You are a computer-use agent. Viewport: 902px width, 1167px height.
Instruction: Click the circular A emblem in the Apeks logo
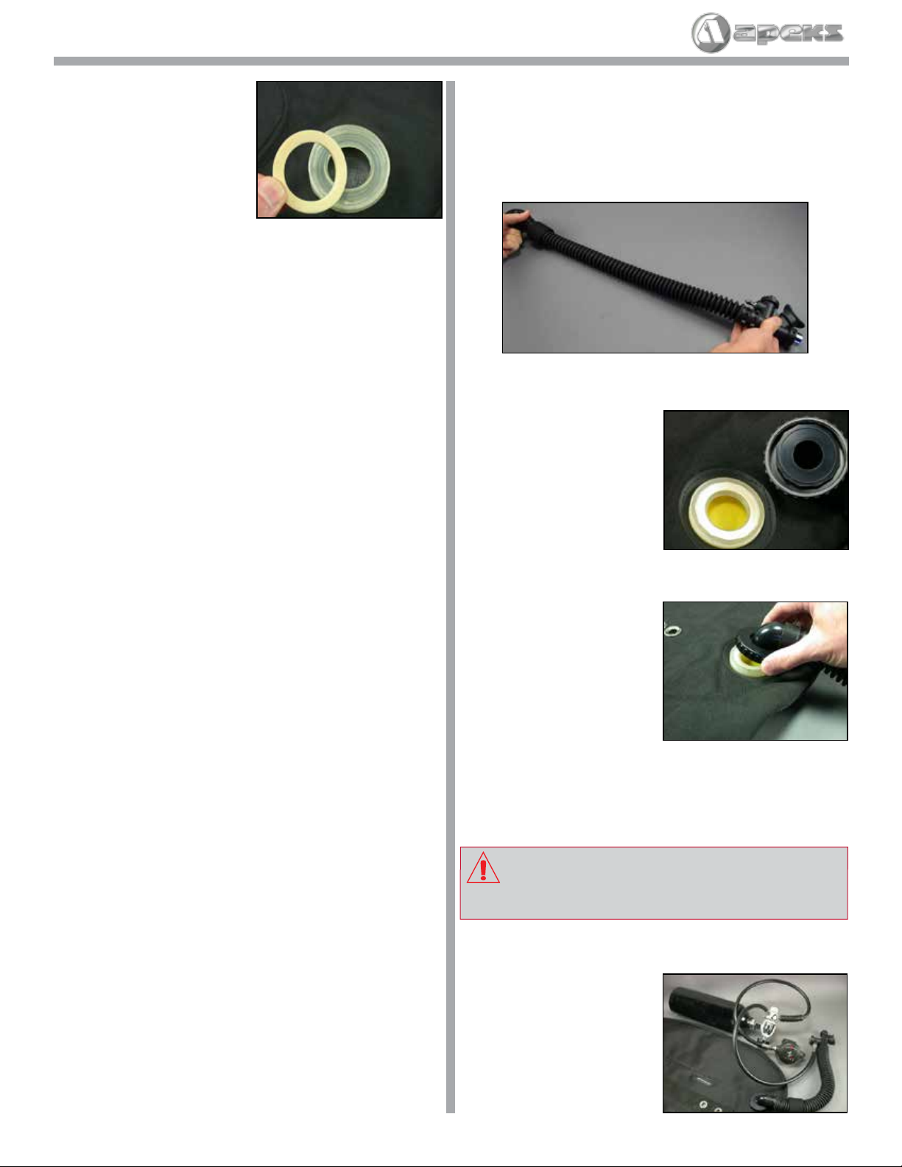pos(711,32)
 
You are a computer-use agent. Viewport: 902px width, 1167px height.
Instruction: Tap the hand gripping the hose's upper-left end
pos(516,232)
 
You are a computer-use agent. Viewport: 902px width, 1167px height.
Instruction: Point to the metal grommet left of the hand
pos(671,630)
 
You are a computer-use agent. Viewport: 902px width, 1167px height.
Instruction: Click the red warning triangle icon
pos(483,868)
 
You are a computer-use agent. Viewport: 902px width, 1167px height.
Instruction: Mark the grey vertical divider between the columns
pos(451,597)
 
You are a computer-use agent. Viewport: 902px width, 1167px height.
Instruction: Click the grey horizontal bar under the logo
pos(451,61)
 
